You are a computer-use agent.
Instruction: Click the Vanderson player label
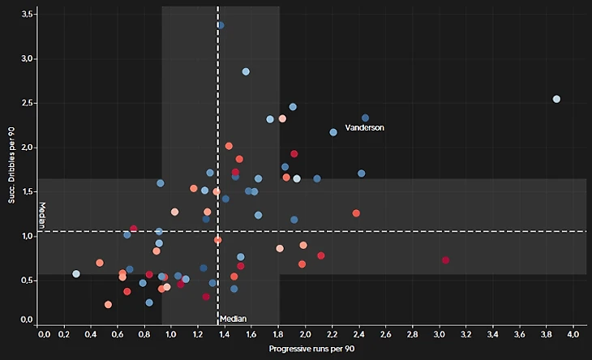click(x=364, y=128)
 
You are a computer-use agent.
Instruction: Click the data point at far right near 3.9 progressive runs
click(x=556, y=99)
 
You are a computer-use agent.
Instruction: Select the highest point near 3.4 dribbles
click(x=221, y=26)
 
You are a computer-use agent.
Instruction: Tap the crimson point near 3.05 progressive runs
click(x=445, y=260)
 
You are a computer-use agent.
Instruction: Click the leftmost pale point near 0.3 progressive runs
click(x=76, y=274)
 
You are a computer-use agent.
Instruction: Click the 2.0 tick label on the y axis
click(x=27, y=148)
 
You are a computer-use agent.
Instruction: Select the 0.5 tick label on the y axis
click(x=27, y=281)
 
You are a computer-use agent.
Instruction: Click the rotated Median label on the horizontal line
click(x=42, y=215)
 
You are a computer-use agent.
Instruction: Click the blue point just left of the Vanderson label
click(x=333, y=132)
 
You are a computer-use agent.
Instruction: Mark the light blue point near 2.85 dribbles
click(x=246, y=71)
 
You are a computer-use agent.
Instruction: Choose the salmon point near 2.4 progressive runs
click(x=356, y=213)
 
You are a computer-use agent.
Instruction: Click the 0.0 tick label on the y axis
click(x=27, y=320)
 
